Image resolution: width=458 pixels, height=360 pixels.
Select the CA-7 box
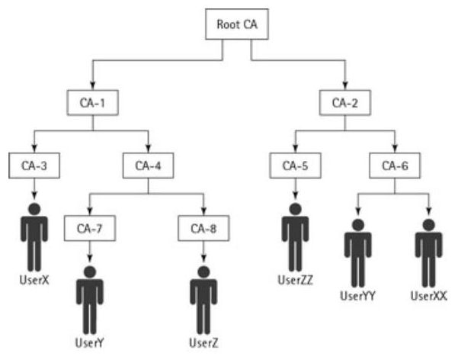pyautogui.click(x=89, y=228)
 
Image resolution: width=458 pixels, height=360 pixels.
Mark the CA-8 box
pyautogui.click(x=203, y=228)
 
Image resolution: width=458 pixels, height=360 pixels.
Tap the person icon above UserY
pyautogui.click(x=89, y=300)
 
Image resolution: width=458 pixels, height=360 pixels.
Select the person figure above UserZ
pyautogui.click(x=203, y=300)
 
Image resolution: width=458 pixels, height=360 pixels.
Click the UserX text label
pyautogui.click(x=33, y=280)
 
